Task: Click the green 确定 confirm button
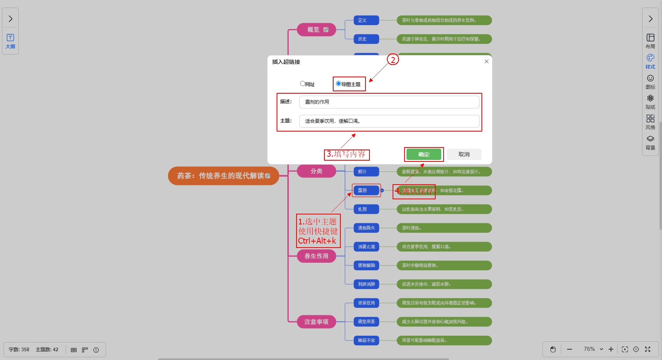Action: (424, 154)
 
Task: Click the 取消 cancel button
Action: (464, 154)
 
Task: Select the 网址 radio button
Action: (303, 84)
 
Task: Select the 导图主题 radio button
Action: (338, 84)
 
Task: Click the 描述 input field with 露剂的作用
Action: (389, 102)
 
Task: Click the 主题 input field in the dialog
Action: (389, 121)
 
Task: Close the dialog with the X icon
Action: (486, 61)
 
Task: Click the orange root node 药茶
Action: (223, 176)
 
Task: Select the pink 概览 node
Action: (316, 30)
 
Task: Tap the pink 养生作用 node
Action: (316, 256)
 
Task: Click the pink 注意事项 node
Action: (316, 322)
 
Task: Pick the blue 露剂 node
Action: (366, 191)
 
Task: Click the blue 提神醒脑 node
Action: (366, 266)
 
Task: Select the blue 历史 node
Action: (366, 39)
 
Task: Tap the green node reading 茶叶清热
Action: (444, 228)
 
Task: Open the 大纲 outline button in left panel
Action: (10, 41)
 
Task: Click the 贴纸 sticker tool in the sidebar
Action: (650, 102)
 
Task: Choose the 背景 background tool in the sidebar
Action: (650, 142)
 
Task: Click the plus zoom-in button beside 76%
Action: (611, 350)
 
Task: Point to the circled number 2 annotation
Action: (393, 60)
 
